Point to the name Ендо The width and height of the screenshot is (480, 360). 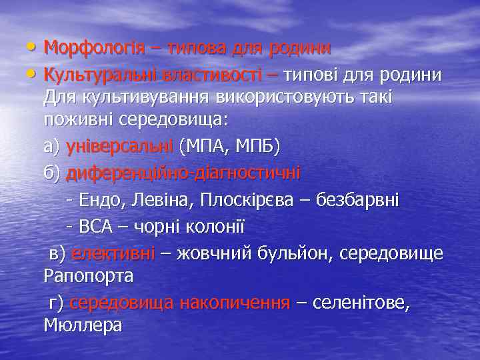99,199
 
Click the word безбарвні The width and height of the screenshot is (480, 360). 360,199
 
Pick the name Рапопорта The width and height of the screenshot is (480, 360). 89,275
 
